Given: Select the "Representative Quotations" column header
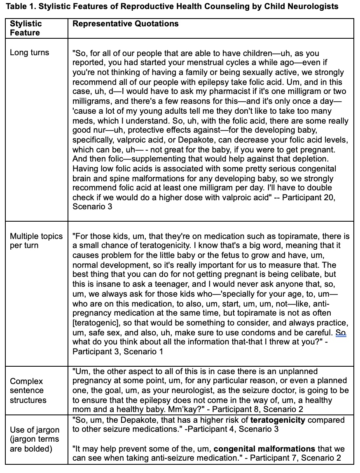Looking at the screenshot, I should (125, 24).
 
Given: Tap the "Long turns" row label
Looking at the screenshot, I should (29, 52).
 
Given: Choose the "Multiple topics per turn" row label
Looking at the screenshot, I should (36, 241).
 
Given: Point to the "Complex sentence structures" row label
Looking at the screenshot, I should (28, 391).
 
